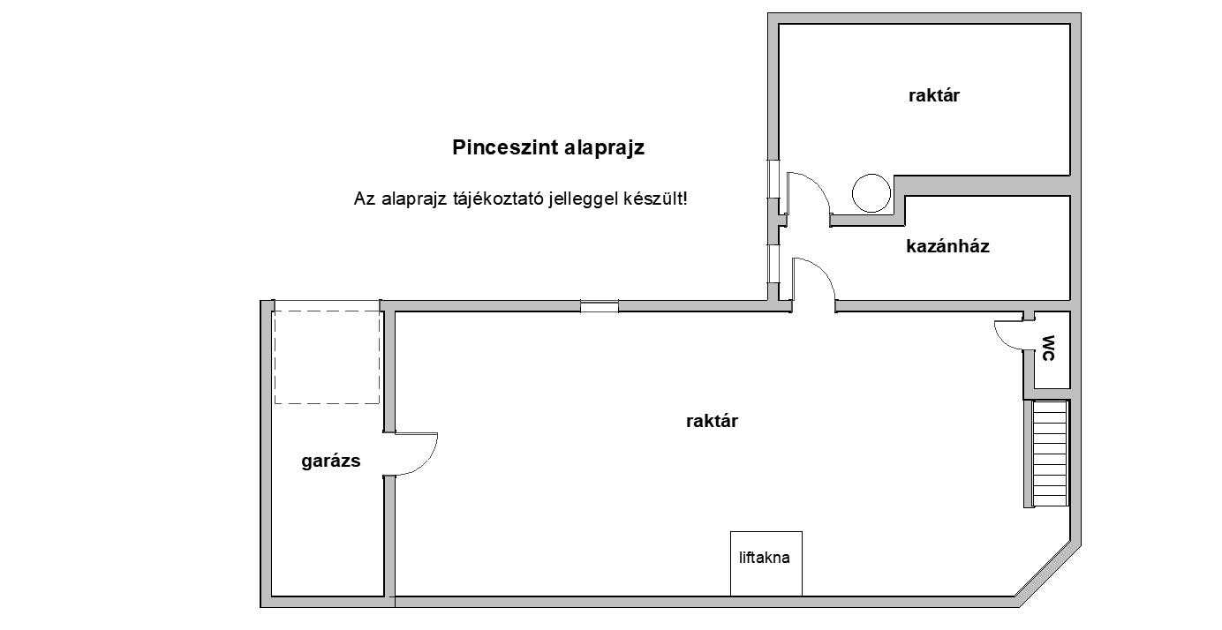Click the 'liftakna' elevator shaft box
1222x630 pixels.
[x=766, y=564]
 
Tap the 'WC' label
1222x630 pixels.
[x=1049, y=349]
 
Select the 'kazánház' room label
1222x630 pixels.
[x=947, y=246]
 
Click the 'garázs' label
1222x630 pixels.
[x=330, y=461]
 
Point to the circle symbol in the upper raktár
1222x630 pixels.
[x=871, y=193]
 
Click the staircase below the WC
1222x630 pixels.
[x=1050, y=454]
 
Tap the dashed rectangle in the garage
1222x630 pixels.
[x=327, y=357]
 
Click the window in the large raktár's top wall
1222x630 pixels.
[x=599, y=306]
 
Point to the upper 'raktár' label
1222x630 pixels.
[x=934, y=96]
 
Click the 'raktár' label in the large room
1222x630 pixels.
[x=712, y=421]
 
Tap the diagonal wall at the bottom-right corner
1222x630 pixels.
[x=1047, y=574]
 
